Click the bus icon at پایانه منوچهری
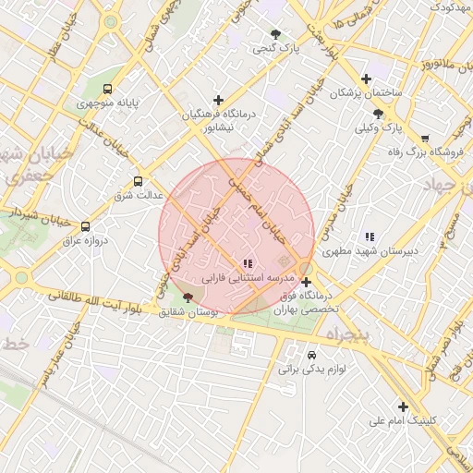[108, 90]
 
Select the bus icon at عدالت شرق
[139, 181]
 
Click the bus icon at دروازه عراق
[86, 225]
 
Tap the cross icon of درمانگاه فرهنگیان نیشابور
[218, 100]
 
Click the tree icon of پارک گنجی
[275, 33]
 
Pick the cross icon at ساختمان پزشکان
[367, 79]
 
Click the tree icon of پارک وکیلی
[378, 114]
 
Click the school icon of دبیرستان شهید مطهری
[370, 236]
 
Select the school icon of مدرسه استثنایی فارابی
[247, 264]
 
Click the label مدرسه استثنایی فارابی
[247, 278]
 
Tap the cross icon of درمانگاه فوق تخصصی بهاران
[307, 283]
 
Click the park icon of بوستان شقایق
[188, 298]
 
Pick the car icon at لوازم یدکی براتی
[311, 355]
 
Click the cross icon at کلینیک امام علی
[403, 406]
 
